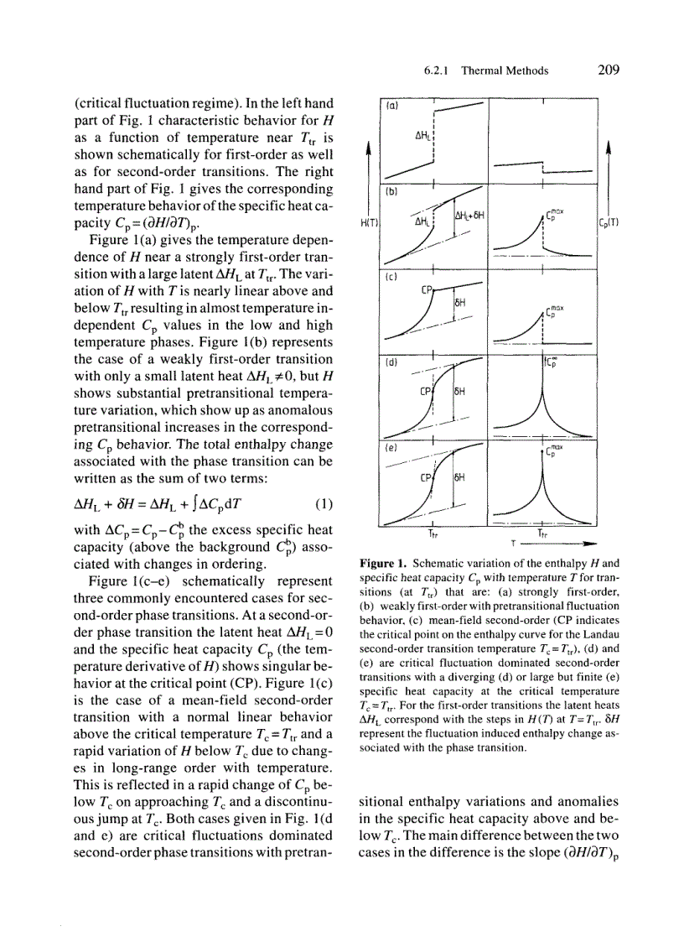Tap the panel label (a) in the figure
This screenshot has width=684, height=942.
(391, 107)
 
